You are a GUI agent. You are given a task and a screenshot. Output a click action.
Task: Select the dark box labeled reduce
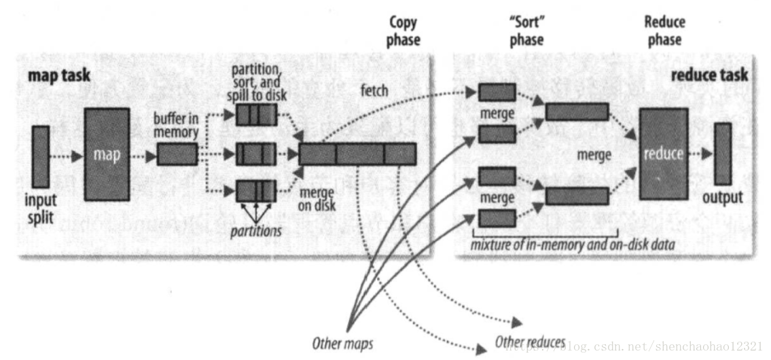664,154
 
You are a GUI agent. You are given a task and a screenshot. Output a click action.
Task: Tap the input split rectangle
41,156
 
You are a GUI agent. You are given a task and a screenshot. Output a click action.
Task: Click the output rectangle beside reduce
722,154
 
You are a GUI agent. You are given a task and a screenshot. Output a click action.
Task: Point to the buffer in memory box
177,155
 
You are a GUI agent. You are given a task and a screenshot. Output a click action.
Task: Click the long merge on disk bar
357,154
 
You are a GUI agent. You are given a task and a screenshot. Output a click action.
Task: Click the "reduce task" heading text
709,74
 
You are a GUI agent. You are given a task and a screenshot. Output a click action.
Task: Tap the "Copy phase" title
404,31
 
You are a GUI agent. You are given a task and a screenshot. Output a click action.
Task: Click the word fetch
374,90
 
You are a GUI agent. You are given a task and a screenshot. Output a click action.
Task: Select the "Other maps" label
342,342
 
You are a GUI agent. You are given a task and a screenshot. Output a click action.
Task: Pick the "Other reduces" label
531,342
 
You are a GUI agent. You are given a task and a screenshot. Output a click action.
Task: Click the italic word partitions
255,231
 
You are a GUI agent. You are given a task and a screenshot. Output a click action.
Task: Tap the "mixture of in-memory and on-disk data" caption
572,245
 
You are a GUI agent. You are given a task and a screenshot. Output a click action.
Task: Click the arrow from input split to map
67,156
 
